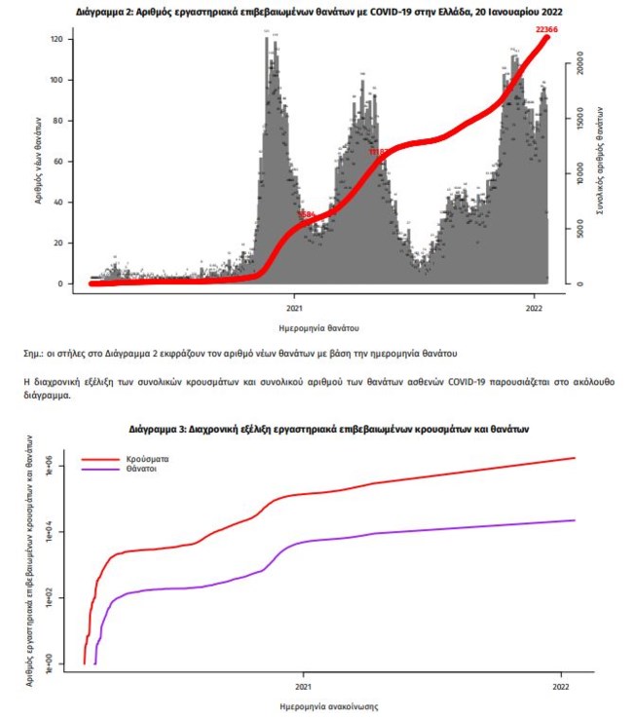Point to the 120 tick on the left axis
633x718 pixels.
tap(57, 39)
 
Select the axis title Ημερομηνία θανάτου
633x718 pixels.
tap(317, 326)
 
